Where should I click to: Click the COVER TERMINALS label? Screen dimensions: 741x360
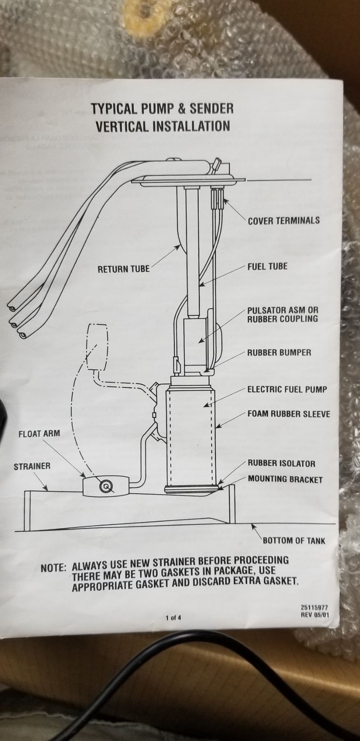click(x=283, y=220)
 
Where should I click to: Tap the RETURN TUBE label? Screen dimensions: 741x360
click(x=123, y=269)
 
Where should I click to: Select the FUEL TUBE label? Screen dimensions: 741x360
click(x=267, y=266)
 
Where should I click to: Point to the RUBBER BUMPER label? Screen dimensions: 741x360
click(x=279, y=352)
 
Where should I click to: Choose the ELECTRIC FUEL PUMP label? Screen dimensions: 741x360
click(x=287, y=389)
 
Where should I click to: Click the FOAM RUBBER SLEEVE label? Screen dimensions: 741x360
click(x=288, y=414)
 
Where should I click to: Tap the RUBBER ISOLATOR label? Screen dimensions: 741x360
click(x=281, y=464)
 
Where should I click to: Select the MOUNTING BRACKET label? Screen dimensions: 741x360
click(x=285, y=479)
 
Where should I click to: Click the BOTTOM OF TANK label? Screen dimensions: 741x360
click(x=294, y=541)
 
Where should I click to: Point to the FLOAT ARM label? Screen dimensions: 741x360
click(x=39, y=433)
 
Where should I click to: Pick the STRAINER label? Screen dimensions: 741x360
click(x=32, y=466)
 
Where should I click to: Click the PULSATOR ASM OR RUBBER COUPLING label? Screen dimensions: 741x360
click(x=283, y=314)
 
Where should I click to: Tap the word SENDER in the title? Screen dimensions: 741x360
click(x=212, y=109)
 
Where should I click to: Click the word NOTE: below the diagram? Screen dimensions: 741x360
click(x=53, y=568)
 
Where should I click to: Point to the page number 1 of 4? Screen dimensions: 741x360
click(x=173, y=617)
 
